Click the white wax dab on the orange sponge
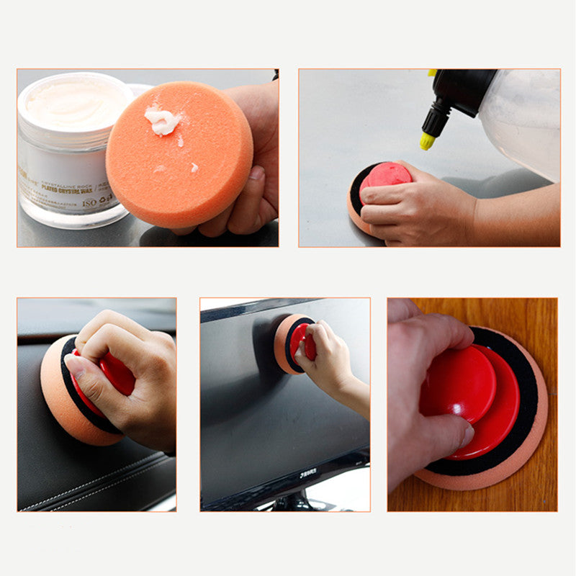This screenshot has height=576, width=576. click(x=162, y=121)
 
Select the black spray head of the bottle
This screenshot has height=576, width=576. click(x=461, y=94)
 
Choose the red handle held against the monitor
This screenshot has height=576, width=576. click(x=302, y=341)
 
